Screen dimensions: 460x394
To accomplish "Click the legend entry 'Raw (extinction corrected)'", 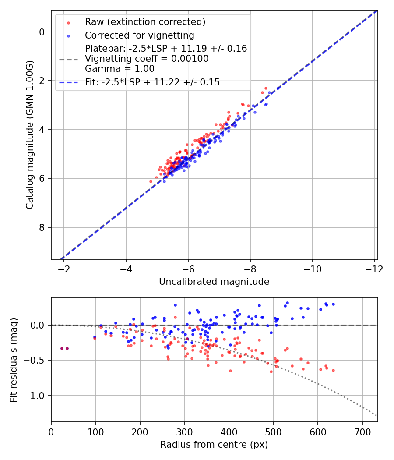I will (145, 22).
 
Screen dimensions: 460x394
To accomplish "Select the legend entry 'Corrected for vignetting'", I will (139, 35).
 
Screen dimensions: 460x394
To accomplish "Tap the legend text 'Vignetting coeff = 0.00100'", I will (147, 58).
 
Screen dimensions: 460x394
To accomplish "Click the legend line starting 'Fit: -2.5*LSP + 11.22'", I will (152, 82).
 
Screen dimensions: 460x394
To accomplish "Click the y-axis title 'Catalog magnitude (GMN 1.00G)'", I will (29, 135).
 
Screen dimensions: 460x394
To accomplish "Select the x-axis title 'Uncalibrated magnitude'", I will (214, 282).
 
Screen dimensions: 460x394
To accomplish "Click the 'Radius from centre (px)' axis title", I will (214, 445).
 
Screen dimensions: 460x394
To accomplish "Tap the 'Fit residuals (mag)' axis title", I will (14, 360).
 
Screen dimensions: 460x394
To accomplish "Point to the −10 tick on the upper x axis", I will (312, 268).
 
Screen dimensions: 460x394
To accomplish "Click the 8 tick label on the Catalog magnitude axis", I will (42, 227).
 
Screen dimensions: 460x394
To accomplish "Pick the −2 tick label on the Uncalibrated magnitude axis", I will (64, 268).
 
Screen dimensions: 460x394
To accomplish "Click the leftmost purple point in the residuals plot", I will (62, 348).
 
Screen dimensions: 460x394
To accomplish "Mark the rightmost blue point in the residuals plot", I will (333, 304).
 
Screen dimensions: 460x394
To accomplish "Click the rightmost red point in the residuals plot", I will (333, 370).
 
